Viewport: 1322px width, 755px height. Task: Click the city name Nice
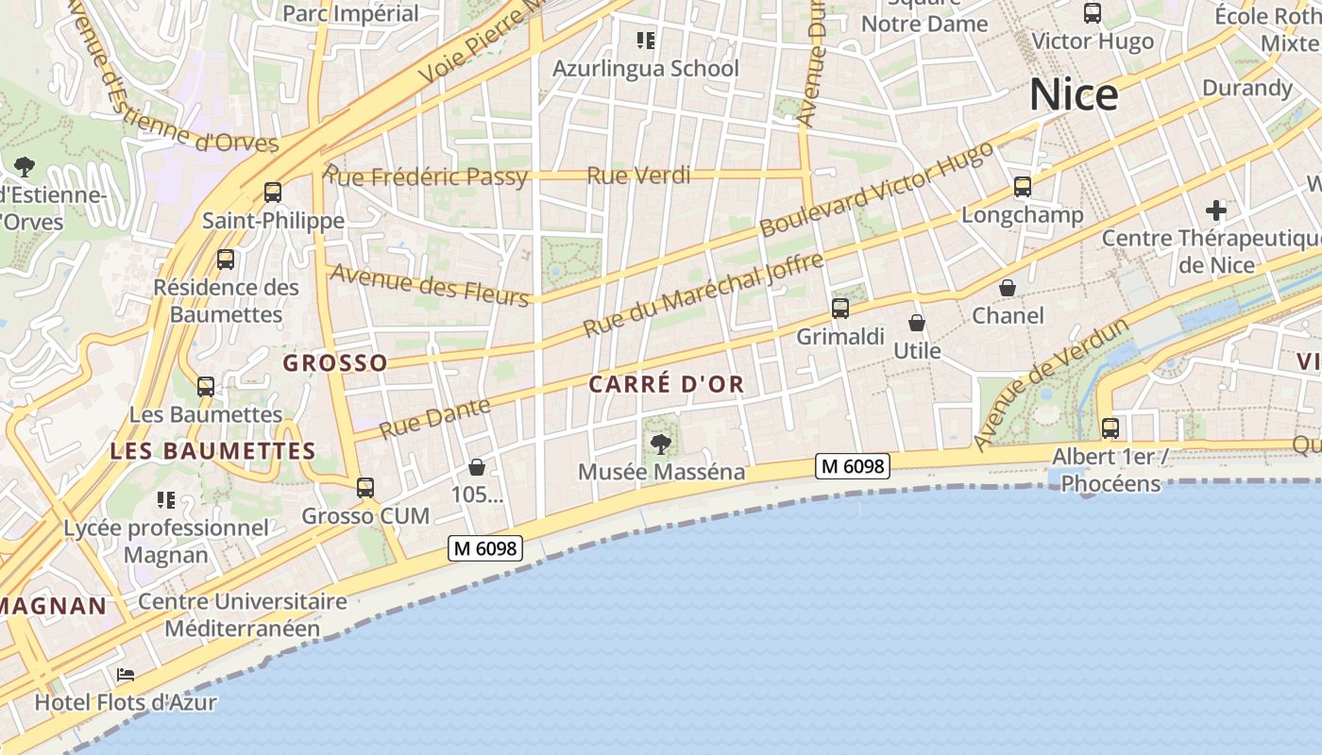[1074, 95]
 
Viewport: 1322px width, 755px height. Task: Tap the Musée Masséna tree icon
[661, 443]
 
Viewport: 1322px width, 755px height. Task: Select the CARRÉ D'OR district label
[667, 384]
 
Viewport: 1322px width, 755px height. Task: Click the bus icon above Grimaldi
[840, 308]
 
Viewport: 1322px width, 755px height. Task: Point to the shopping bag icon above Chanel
[1008, 287]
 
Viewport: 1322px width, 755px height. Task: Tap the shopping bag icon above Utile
[916, 323]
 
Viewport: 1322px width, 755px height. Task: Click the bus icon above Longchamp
[1022, 187]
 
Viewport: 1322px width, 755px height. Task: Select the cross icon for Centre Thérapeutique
[1215, 210]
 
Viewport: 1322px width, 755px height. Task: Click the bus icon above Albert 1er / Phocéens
[1110, 428]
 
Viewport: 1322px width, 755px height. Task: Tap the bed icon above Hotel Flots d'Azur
[125, 675]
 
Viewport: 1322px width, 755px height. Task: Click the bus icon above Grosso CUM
[365, 488]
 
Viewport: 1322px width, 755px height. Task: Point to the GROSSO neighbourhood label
[335, 363]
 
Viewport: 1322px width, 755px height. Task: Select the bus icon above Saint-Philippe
[273, 193]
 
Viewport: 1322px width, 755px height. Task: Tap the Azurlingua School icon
[646, 40]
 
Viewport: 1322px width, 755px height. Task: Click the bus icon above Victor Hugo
[1093, 13]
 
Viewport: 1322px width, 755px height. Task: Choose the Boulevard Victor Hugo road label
[876, 190]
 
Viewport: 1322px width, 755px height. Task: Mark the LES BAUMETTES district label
[212, 451]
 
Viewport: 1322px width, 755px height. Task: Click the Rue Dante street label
[435, 418]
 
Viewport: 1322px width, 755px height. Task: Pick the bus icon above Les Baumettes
[205, 386]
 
